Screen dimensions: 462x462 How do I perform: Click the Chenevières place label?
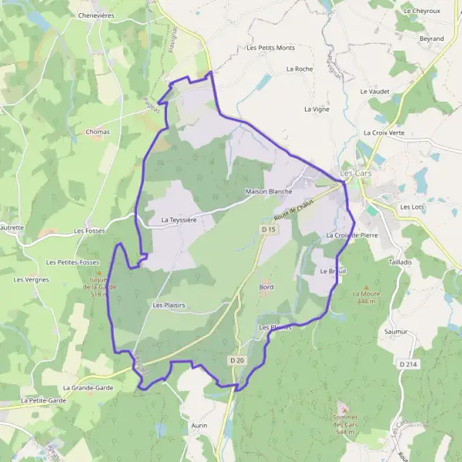point(96,15)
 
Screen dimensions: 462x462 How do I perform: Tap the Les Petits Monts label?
point(270,48)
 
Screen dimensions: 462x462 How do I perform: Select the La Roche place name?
point(299,69)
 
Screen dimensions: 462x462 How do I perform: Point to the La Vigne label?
point(316,109)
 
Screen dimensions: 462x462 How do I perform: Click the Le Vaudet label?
point(374,91)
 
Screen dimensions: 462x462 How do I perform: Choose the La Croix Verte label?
point(388,132)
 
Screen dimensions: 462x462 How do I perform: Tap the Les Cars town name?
point(357,173)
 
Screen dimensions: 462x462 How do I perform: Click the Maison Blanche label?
point(268,191)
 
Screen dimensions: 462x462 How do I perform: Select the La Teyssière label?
point(179,219)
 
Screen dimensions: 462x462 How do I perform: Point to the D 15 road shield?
point(268,229)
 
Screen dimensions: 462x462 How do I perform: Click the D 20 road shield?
point(236,360)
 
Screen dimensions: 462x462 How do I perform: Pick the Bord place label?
point(266,286)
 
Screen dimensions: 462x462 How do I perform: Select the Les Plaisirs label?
point(169,305)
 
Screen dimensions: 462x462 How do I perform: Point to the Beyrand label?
point(431,38)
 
